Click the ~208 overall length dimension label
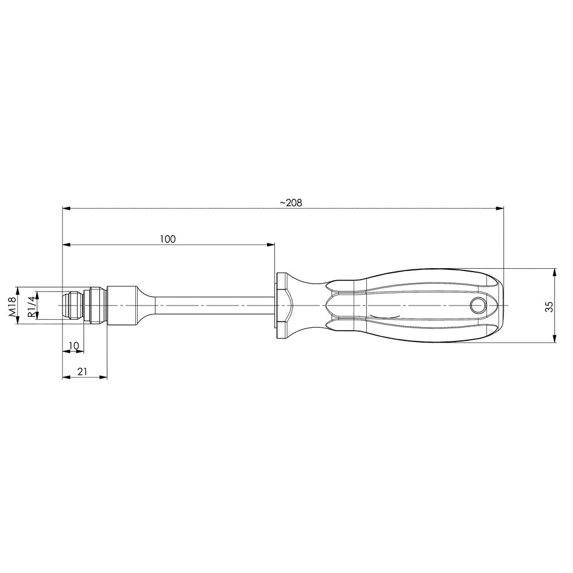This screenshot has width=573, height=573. tap(291, 203)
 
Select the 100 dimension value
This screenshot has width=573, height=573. tap(168, 239)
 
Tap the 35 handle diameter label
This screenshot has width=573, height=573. tap(549, 306)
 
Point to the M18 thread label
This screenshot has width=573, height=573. tap(11, 306)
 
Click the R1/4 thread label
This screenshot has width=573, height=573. tap(32, 306)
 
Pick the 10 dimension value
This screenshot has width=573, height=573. tap(74, 346)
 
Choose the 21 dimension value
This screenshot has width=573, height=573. tap(83, 371)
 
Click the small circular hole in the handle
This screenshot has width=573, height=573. tap(478, 305)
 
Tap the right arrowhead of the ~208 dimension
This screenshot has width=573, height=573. tap(499, 209)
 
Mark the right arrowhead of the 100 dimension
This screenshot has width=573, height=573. tap(270, 245)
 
